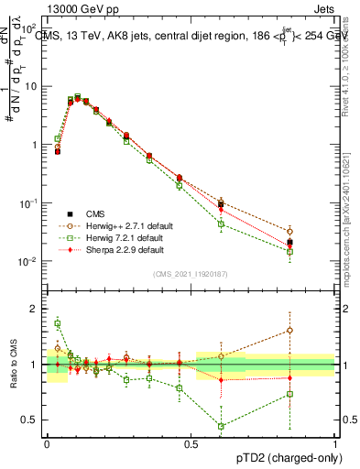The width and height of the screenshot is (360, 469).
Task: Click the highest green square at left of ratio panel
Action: tap(58, 322)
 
